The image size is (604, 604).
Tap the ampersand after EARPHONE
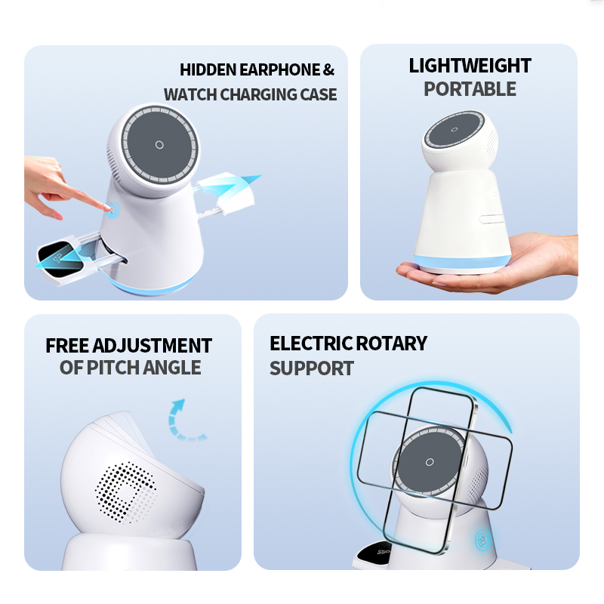[328, 70]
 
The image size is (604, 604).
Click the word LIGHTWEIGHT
[470, 66]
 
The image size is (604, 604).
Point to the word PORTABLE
[470, 89]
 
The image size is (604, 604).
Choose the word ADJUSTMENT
[153, 346]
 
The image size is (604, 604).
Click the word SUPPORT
[312, 368]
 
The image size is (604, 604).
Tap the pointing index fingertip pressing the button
[106, 208]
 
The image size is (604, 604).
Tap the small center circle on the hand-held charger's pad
[455, 129]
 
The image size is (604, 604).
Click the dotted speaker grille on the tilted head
[126, 492]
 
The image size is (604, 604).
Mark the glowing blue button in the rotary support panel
[483, 541]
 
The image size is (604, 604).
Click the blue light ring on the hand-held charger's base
[462, 262]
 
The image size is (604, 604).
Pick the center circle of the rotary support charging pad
[430, 462]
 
